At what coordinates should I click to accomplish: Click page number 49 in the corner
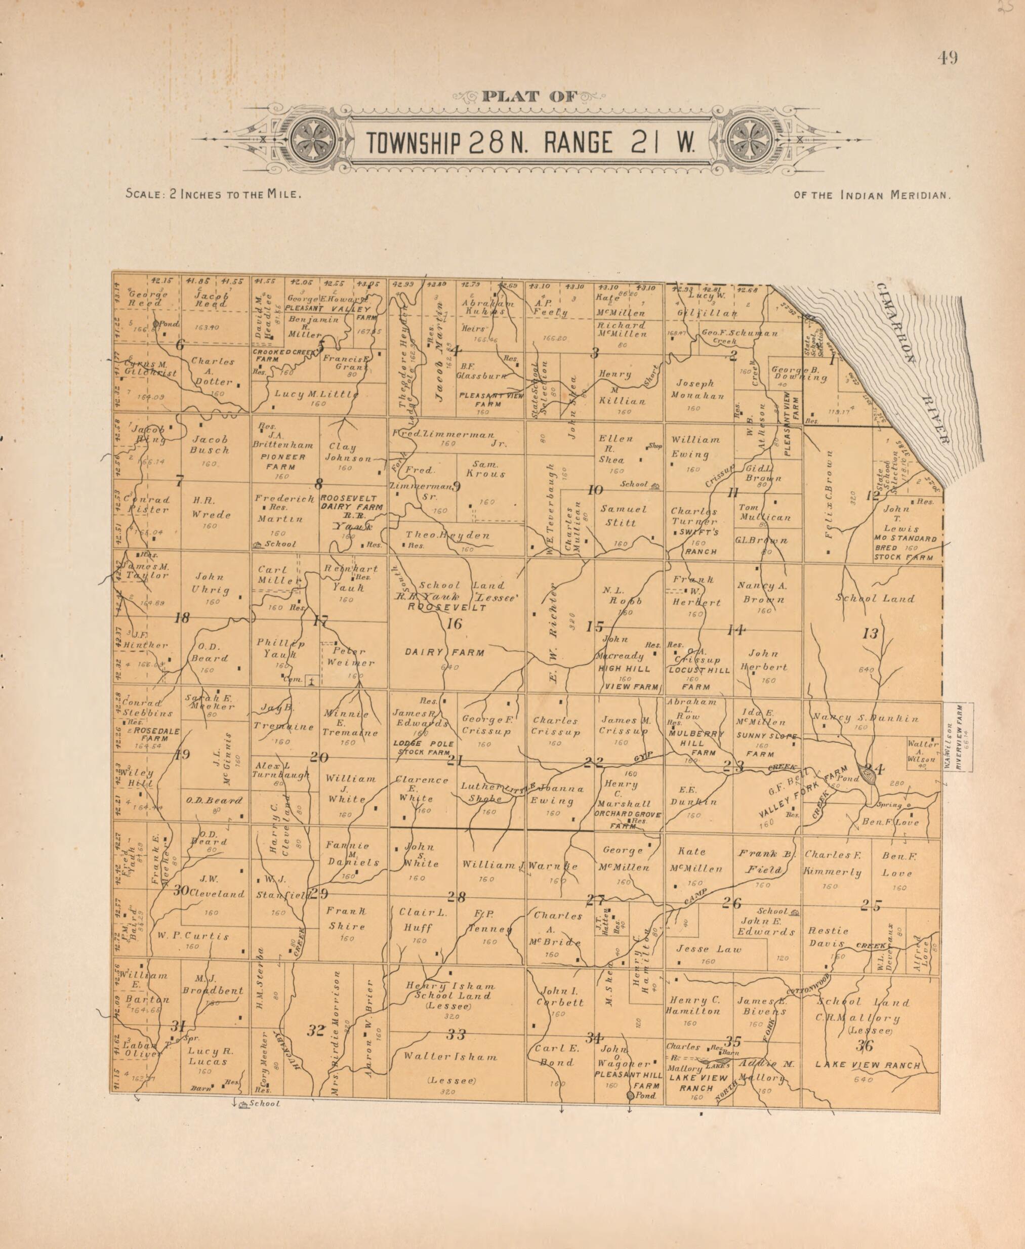pos(947,58)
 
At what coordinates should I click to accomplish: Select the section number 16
pos(454,624)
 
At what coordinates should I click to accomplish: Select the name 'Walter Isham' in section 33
pos(450,1057)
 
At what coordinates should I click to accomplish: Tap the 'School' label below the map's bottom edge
pos(264,1103)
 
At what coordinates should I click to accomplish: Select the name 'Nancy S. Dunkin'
pos(866,718)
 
